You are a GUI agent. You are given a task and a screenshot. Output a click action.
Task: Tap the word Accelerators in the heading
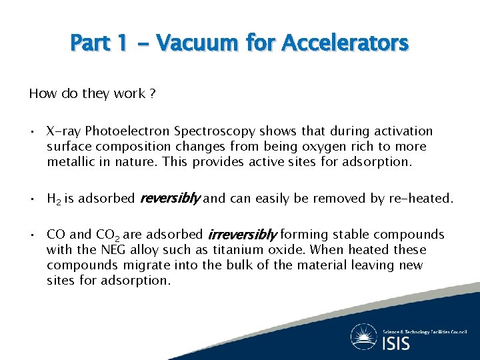(345, 43)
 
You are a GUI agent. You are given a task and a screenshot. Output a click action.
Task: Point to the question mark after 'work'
(153, 94)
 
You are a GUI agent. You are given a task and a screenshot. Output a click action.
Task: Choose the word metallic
(71, 161)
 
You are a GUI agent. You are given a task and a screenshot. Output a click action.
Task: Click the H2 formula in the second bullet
(54, 199)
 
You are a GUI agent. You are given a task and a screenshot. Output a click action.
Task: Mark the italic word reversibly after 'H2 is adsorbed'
(169, 198)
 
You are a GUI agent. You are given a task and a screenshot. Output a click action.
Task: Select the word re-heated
(423, 198)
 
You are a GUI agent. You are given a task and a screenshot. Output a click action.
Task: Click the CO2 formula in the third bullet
(107, 235)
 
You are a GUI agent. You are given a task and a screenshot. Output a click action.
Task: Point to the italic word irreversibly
(242, 235)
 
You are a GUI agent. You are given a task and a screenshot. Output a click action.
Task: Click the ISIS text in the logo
(397, 343)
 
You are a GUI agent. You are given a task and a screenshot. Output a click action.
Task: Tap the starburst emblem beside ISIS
(365, 337)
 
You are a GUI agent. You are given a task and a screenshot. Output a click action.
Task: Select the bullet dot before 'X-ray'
(33, 131)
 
